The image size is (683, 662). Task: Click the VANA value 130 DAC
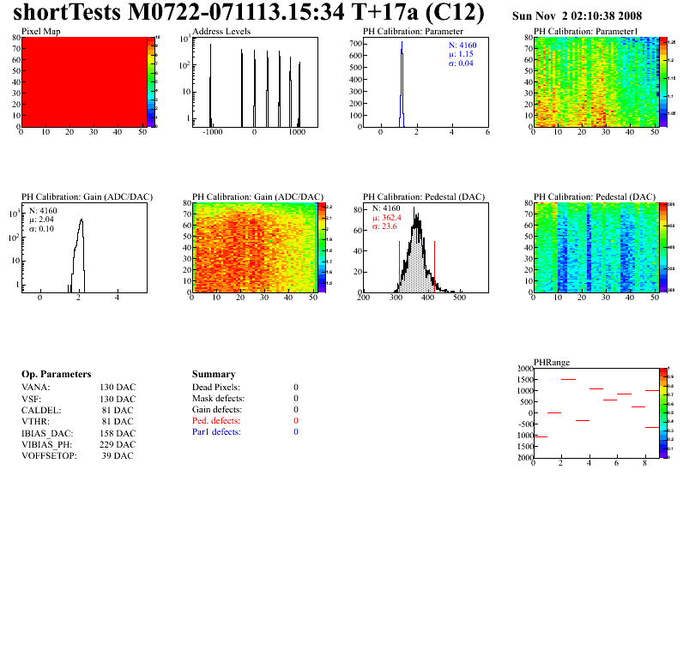click(117, 388)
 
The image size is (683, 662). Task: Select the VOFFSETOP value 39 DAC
click(117, 455)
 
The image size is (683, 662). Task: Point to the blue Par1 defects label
click(216, 432)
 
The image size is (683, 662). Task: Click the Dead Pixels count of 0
click(296, 388)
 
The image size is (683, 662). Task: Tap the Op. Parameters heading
click(56, 374)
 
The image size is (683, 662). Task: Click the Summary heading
click(214, 374)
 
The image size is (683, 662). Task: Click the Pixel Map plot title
click(40, 31)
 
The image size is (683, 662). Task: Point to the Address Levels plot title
click(221, 31)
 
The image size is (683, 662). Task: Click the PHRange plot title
click(551, 363)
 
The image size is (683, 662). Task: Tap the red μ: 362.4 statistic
click(387, 218)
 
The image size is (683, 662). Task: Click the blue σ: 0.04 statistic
click(461, 63)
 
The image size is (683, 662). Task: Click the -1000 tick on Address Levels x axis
click(211, 134)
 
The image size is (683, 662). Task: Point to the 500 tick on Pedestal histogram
click(459, 299)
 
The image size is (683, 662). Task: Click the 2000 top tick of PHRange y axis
click(522, 368)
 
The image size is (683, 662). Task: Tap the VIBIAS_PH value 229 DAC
click(117, 444)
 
